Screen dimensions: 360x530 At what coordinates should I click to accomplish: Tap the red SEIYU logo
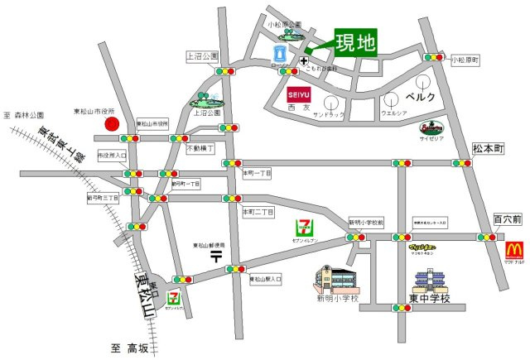point(299,95)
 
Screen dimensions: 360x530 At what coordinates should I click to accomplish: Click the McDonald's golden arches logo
point(514,248)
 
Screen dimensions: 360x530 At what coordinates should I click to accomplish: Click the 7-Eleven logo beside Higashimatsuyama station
point(174,295)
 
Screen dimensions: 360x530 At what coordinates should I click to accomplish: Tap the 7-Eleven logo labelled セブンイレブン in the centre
point(304,226)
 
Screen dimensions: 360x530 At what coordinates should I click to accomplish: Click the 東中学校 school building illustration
point(430,281)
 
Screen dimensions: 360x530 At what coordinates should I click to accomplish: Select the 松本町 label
point(488,147)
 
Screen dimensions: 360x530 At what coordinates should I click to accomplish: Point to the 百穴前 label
point(508,219)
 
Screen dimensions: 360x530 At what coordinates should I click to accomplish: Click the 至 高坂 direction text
point(131,348)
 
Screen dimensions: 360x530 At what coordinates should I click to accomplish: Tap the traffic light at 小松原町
point(433,57)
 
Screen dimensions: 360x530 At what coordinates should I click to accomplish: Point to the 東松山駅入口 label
point(266,280)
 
